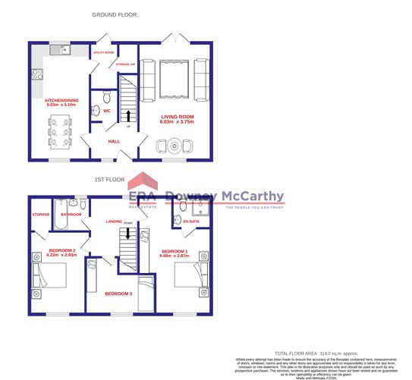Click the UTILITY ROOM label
(103, 52)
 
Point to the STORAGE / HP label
(125, 64)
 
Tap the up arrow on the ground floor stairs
(128, 115)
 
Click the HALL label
(114, 141)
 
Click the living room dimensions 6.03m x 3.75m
(177, 122)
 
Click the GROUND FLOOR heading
(114, 14)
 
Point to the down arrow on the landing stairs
(128, 233)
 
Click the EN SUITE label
(191, 221)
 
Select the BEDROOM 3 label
(118, 293)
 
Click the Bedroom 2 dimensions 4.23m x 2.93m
(61, 256)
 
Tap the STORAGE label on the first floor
(41, 215)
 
